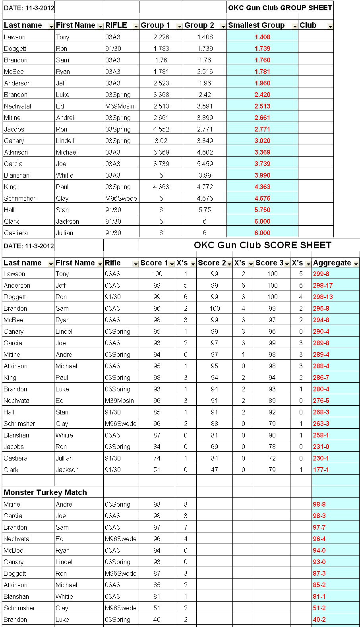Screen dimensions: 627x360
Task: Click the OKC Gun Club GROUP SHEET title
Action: click(280, 8)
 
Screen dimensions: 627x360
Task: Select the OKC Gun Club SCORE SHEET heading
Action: click(262, 245)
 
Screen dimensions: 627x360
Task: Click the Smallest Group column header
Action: click(256, 25)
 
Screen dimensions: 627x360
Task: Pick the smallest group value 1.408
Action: click(262, 37)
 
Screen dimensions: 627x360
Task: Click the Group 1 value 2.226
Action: click(161, 37)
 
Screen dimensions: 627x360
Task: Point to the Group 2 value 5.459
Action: click(205, 164)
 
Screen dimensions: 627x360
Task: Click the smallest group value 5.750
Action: click(262, 210)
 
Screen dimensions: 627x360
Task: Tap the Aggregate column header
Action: click(332, 263)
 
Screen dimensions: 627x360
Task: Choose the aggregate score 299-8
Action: click(321, 274)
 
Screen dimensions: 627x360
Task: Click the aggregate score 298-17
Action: click(323, 285)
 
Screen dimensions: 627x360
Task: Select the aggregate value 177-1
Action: click(321, 470)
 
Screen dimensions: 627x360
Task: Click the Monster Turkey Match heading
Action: click(45, 492)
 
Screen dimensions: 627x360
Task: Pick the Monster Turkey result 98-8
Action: click(319, 504)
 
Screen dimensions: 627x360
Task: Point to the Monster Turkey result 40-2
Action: click(319, 619)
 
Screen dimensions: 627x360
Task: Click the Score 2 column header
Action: click(212, 263)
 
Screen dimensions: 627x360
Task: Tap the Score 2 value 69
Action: click(215, 447)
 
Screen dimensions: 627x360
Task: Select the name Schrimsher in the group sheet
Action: click(20, 198)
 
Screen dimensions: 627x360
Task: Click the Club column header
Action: click(308, 25)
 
